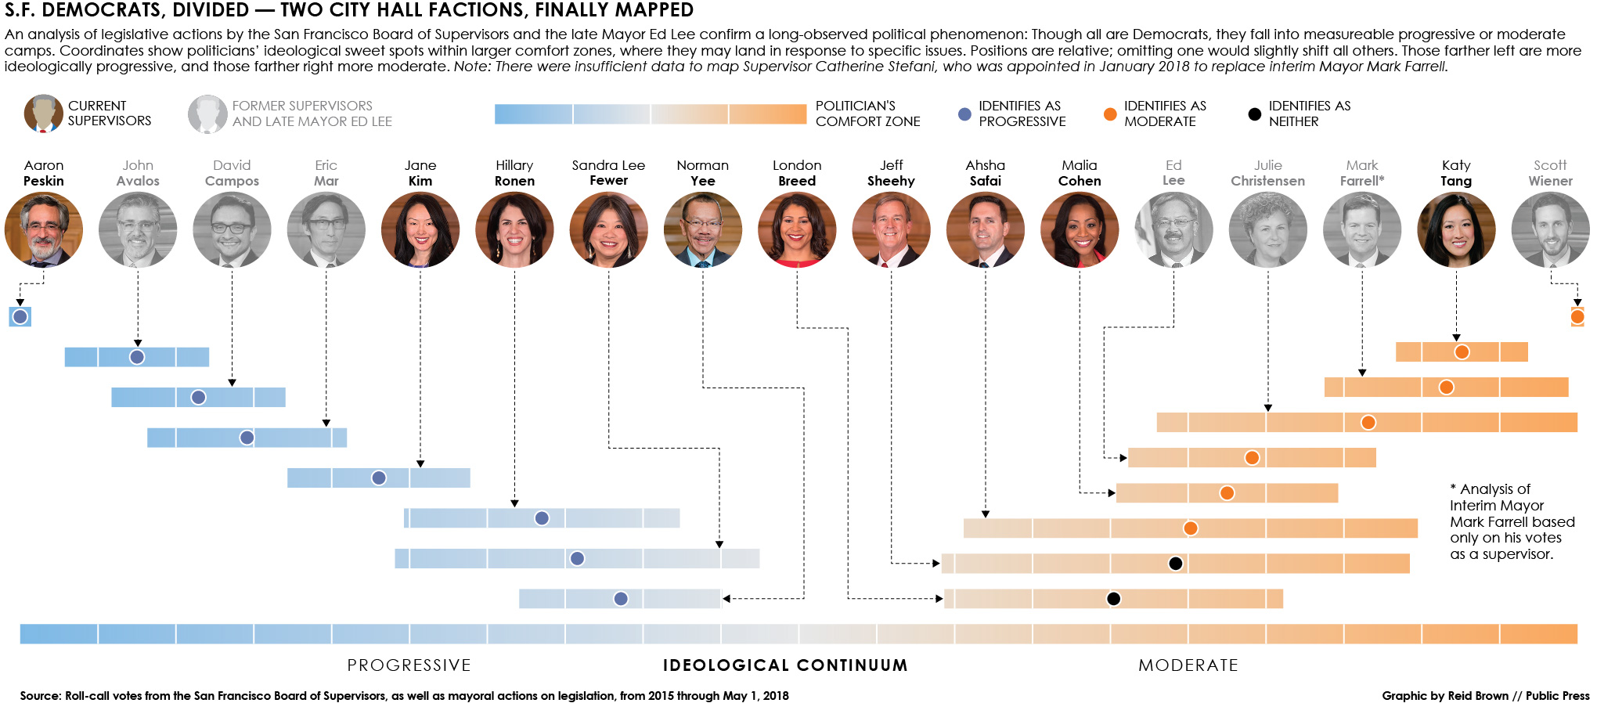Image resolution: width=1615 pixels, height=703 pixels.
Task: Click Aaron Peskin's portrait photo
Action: (x=44, y=229)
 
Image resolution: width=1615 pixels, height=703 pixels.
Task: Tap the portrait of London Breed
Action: (x=797, y=229)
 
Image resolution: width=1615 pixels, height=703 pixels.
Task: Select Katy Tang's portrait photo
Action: (x=1456, y=229)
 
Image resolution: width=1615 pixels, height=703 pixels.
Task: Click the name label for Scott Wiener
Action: (x=1550, y=173)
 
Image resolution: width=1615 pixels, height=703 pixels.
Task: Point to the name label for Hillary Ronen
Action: (x=514, y=173)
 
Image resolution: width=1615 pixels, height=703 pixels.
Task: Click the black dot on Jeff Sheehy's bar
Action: (x=1175, y=563)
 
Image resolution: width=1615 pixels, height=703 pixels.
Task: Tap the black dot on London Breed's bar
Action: (x=1113, y=599)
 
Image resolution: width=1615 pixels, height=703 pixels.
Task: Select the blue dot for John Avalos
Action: (x=137, y=357)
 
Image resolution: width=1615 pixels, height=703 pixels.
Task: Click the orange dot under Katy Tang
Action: (x=1462, y=351)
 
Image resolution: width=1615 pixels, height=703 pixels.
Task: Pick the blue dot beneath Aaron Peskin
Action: (x=20, y=316)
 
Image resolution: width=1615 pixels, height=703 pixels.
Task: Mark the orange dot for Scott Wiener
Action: (x=1577, y=316)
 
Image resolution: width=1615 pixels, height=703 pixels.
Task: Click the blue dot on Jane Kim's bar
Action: (x=379, y=478)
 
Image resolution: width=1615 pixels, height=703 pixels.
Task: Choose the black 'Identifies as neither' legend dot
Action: (x=1254, y=114)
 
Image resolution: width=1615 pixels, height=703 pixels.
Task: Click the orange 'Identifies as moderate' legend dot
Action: (x=1109, y=114)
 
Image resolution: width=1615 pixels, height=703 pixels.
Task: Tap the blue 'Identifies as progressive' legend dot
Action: (x=964, y=114)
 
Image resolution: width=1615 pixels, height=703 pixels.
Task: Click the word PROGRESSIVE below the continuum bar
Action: (x=409, y=665)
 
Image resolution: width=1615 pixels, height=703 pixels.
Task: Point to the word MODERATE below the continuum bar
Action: (x=1188, y=665)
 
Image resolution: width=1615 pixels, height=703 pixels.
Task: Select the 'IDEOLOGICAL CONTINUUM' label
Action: (x=785, y=665)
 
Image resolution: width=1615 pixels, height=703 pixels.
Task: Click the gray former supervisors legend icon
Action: (x=207, y=114)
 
